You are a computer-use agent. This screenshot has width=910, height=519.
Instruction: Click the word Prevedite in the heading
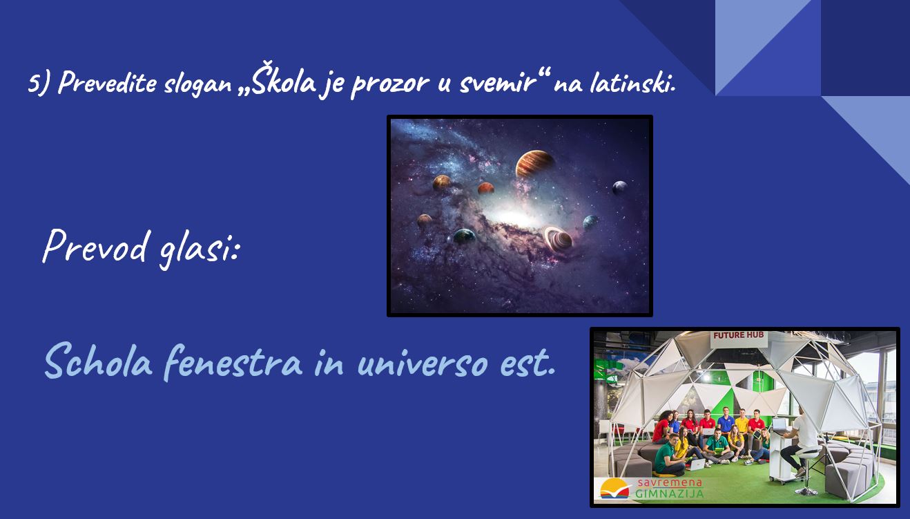(107, 82)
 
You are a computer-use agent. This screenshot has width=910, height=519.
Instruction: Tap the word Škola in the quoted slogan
(284, 79)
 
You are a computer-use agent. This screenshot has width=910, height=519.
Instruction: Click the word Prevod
(95, 245)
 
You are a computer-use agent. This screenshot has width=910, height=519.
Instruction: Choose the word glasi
(198, 248)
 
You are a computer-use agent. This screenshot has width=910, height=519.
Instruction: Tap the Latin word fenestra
(233, 362)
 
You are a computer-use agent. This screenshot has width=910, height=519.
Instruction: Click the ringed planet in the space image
(558, 238)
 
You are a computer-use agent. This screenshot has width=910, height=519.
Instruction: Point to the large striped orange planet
(535, 164)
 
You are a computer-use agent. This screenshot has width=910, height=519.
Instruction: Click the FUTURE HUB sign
(739, 336)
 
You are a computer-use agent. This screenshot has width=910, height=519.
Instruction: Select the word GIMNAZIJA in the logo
(670, 494)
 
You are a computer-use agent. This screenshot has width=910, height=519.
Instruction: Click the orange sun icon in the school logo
(614, 487)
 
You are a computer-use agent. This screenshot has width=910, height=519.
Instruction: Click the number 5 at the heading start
(33, 82)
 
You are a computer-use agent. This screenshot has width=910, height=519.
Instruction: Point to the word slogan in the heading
(198, 84)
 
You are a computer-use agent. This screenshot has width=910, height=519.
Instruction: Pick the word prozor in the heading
(390, 84)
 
